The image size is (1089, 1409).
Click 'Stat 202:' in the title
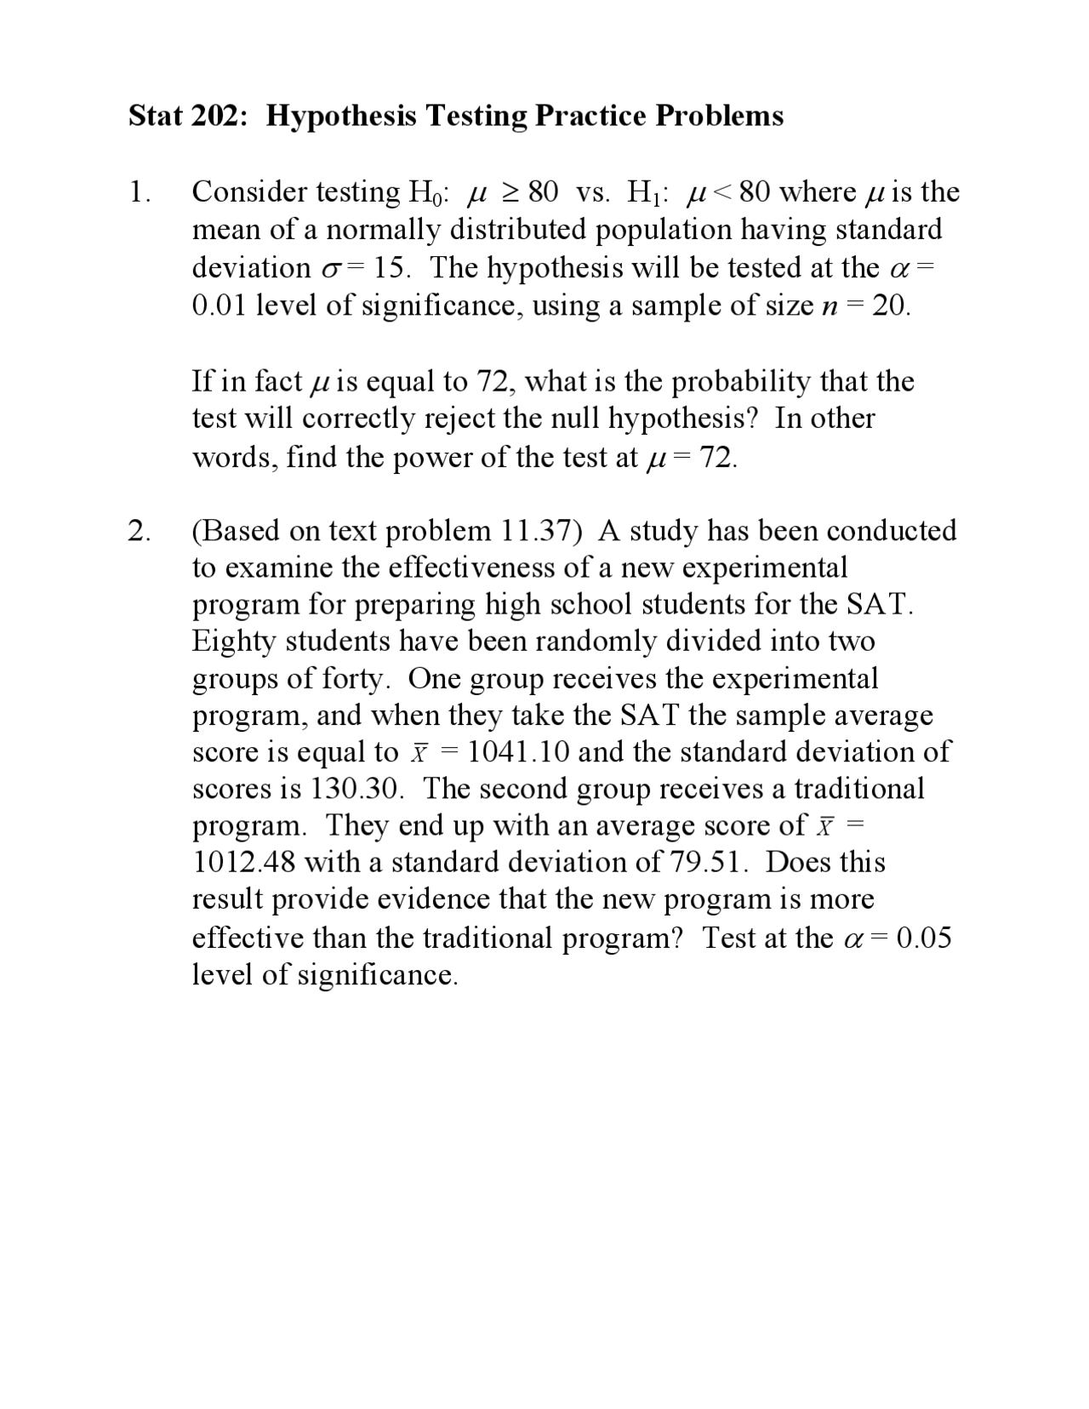(188, 115)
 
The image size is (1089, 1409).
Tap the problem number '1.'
(140, 192)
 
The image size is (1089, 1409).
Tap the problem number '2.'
(140, 531)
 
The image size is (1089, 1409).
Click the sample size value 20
(890, 305)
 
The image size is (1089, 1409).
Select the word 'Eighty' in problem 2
(234, 642)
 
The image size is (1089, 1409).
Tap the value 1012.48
(243, 863)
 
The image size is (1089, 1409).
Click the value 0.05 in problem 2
(924, 938)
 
